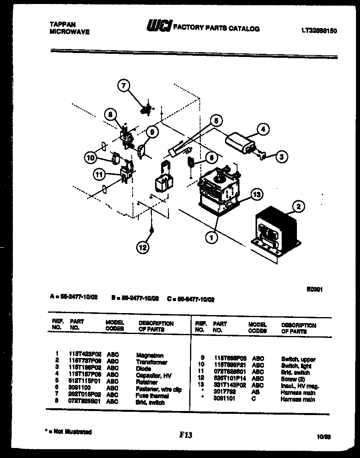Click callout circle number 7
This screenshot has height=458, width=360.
[x=123, y=85]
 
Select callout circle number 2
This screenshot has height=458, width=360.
[x=298, y=207]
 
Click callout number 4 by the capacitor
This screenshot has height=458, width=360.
[x=263, y=129]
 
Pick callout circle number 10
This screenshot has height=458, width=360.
[x=91, y=158]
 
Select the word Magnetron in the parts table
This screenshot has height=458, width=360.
[x=150, y=355]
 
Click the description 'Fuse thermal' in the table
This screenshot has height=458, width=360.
[x=153, y=396]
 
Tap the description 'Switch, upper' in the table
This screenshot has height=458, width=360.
[x=299, y=359]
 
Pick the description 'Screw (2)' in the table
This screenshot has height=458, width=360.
[x=295, y=379]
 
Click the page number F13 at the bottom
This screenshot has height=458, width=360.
[x=186, y=435]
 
